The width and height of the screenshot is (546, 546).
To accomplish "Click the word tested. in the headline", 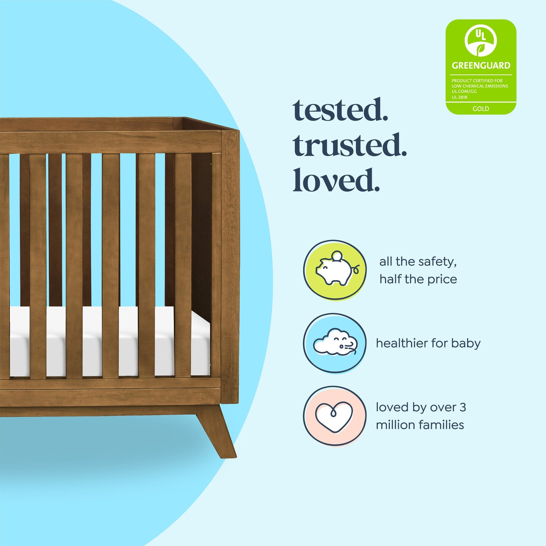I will coord(340,110).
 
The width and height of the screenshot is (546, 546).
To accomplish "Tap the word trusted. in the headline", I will coord(350,145).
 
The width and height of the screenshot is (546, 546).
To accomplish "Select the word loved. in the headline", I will coord(336,181).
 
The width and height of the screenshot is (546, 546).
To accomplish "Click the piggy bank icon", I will coord(335,270).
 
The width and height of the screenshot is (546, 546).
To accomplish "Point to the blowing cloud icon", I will coord(335,343).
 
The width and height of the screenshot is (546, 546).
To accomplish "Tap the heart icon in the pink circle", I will coord(334,416).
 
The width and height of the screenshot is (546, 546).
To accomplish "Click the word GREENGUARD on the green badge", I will coord(481,65).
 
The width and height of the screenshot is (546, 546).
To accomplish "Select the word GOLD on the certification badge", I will coord(481,109).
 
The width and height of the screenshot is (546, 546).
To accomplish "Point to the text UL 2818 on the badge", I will coord(459,97).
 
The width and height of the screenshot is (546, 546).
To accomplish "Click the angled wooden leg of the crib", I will coord(217,430).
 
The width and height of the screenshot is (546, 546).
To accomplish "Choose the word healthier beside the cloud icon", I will coord(402,343).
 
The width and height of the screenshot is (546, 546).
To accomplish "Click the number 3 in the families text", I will coord(462,407).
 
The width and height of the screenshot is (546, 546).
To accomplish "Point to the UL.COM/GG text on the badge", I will coord(464,91).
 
